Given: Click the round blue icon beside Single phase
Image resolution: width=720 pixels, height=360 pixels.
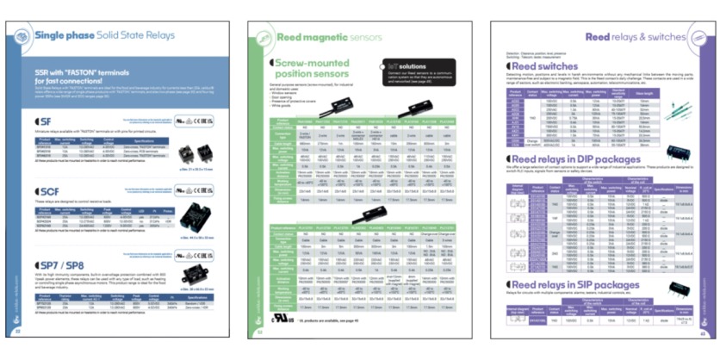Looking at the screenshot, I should click(22, 35).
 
